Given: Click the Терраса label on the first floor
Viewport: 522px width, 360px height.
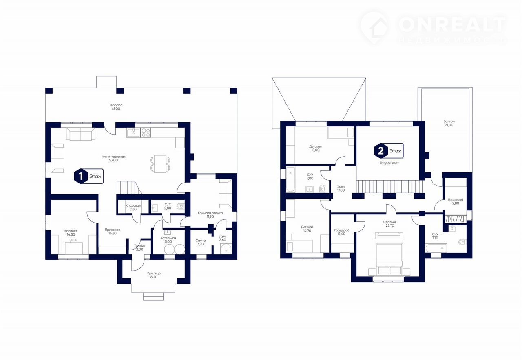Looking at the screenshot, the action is [x=116, y=105].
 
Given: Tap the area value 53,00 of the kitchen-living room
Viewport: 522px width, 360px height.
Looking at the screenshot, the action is [x=113, y=160].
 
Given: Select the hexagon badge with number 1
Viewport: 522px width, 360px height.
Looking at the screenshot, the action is [x=81, y=177].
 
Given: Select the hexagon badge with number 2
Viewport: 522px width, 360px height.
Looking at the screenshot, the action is [x=381, y=151].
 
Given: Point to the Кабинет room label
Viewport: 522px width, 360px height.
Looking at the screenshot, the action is [x=71, y=231].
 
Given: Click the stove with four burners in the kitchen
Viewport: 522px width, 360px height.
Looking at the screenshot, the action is [x=146, y=133].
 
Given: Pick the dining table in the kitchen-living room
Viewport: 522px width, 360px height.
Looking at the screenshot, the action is [x=160, y=164].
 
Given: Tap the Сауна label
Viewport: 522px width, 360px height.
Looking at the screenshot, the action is [x=200, y=241].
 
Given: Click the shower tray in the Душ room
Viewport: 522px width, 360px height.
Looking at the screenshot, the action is [x=226, y=249].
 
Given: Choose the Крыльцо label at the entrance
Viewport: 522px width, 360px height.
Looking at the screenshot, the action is [x=154, y=273].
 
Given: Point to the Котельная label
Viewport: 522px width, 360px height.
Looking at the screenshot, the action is [x=168, y=238].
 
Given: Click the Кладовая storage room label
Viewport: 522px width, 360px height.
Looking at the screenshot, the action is [x=133, y=206].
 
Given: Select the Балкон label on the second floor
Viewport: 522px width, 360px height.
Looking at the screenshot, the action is [x=449, y=121].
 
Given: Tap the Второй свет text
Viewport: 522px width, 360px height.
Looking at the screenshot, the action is [x=389, y=163].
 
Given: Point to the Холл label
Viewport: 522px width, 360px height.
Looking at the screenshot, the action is [x=341, y=187].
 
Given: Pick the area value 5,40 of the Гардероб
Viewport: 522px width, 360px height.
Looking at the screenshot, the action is [x=342, y=234].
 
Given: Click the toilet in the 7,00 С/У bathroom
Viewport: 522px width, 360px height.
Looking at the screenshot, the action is [x=322, y=188].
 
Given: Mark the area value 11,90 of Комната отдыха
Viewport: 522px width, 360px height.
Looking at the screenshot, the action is [x=210, y=216].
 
